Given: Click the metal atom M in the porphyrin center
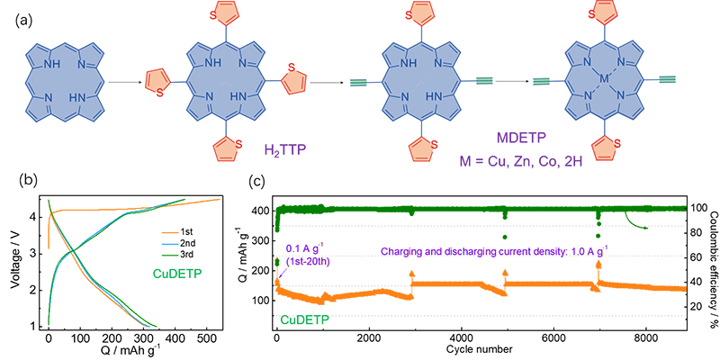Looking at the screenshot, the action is coord(603,81).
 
